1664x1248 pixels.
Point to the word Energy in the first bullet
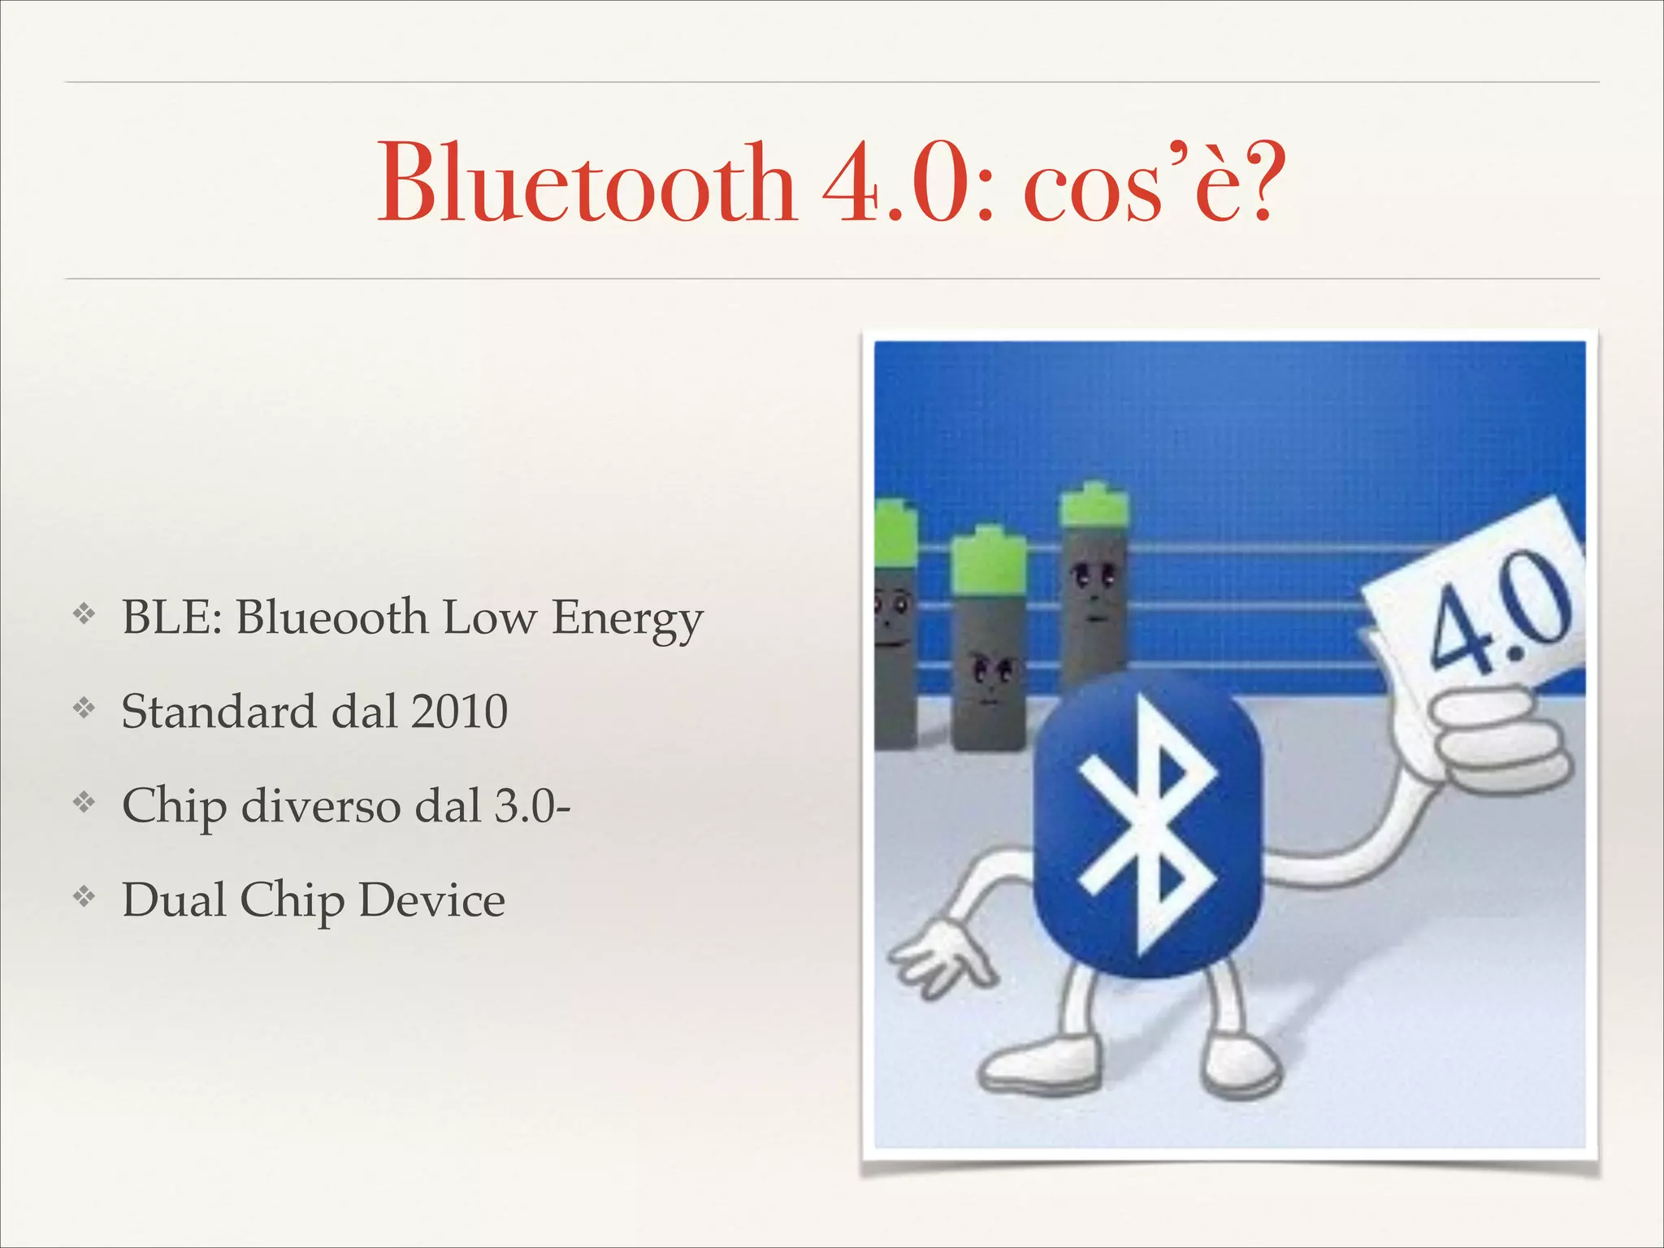627,619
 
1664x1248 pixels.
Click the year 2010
459,712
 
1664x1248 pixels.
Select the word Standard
219,712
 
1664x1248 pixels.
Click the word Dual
174,900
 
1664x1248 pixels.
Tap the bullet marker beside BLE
84,615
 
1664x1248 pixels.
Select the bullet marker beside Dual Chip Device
84,898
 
